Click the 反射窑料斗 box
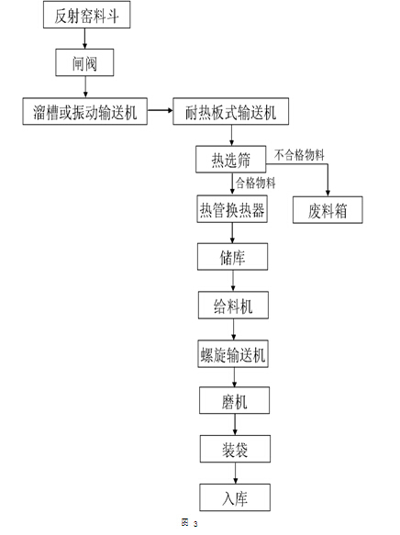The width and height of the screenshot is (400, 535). tap(86, 15)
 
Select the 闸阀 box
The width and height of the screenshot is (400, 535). tap(84, 62)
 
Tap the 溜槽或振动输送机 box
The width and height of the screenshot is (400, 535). tap(85, 111)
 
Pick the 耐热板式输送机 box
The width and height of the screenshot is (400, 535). tap(231, 111)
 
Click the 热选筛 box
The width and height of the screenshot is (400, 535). tap(231, 160)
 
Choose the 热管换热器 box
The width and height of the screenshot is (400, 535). tap(232, 209)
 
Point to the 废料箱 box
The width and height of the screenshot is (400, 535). tap(328, 210)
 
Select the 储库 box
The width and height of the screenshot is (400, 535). tap(232, 257)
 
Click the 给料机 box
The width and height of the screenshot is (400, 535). tap(233, 305)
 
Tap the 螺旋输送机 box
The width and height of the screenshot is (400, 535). tap(233, 353)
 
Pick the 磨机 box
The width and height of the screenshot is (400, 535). tap(235, 400)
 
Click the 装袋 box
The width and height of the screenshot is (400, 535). tap(235, 449)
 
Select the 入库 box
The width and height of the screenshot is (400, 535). tap(235, 497)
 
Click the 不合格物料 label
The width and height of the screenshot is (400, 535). tap(299, 155)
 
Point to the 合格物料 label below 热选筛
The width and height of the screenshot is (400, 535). tap(256, 183)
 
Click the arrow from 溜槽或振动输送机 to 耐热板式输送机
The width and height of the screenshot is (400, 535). tap(161, 110)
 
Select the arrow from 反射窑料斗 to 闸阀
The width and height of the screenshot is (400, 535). tap(85, 39)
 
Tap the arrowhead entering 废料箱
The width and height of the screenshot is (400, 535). tap(328, 194)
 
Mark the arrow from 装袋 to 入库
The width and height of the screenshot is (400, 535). tap(235, 474)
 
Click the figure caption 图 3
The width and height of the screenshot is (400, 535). tap(190, 522)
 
